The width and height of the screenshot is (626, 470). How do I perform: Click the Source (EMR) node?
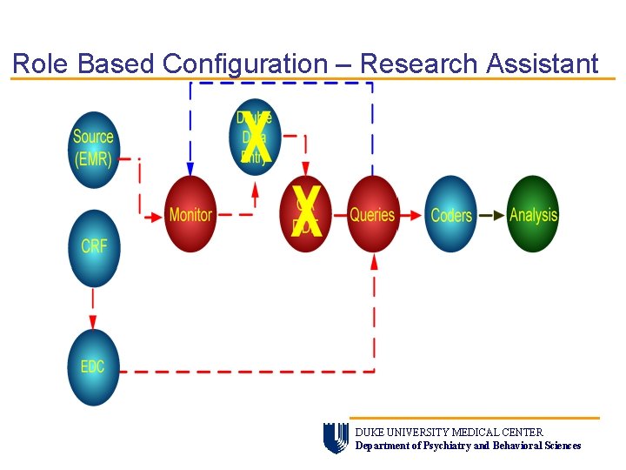coord(93,149)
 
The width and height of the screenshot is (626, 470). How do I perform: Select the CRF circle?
coord(93,247)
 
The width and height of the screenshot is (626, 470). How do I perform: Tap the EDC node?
coord(93,366)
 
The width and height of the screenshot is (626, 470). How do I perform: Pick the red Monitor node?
coord(190,214)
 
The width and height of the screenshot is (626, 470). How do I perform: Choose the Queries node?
coord(372,214)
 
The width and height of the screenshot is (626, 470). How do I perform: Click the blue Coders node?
coord(451,214)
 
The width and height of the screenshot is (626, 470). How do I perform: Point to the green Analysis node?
coord(532,214)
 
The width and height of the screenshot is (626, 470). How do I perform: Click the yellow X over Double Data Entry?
coord(258,138)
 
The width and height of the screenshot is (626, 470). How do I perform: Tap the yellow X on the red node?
coord(306,211)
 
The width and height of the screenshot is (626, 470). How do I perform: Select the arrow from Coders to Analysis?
coord(491,215)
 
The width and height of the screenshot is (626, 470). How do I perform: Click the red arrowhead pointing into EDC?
coord(93,322)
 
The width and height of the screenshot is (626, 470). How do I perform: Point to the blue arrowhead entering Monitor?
coord(190,169)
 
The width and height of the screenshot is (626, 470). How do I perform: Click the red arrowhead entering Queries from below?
coord(374,260)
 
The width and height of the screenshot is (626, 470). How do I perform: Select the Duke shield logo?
coord(335,438)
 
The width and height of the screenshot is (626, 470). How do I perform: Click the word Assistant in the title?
coord(543,64)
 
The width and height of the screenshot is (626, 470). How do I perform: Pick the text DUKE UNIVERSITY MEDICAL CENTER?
coord(449,432)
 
